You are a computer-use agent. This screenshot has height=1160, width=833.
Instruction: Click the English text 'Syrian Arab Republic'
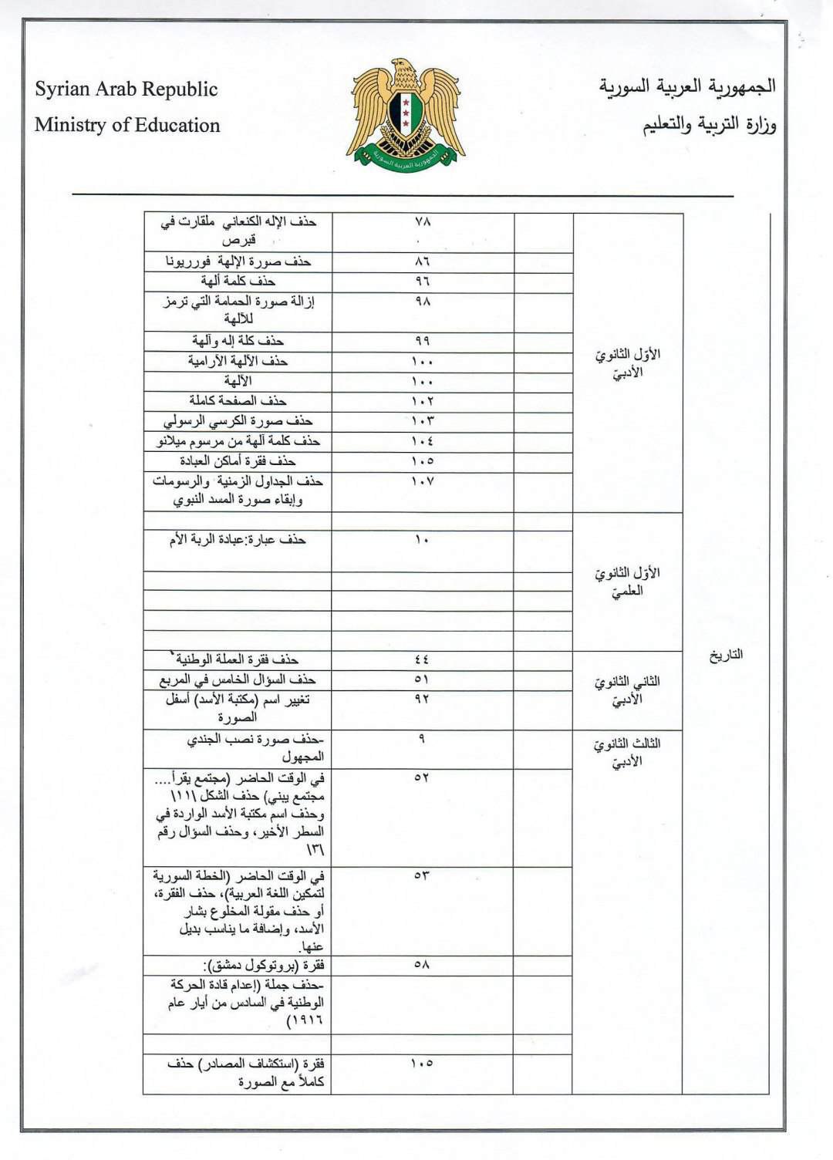tap(126, 89)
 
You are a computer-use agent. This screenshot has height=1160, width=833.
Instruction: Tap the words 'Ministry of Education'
tap(127, 125)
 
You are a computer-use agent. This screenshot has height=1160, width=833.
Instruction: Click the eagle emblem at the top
tap(406, 112)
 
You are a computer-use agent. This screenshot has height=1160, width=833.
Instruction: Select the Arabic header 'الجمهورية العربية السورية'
tap(687, 86)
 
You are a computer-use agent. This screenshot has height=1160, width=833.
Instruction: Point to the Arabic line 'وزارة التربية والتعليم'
tap(710, 125)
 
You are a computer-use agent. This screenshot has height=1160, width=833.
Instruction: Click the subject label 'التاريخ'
tap(726, 655)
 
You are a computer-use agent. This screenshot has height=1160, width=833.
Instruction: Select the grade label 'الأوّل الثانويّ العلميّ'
tap(627, 582)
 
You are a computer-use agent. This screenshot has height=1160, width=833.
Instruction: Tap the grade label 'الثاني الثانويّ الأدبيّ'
tap(627, 691)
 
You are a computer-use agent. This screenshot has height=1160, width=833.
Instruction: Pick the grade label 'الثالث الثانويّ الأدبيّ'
tap(627, 753)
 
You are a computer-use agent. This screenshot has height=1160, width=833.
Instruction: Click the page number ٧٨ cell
tap(423, 221)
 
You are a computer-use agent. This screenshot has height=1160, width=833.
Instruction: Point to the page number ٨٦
tap(423, 261)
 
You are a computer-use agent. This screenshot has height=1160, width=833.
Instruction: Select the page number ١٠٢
tap(423, 401)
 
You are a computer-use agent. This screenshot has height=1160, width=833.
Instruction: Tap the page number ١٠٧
tap(423, 481)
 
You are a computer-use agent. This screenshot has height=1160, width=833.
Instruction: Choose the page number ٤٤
tap(422, 659)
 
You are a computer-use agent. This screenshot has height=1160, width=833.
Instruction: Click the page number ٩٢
tap(422, 700)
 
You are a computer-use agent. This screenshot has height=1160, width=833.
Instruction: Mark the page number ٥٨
tap(422, 965)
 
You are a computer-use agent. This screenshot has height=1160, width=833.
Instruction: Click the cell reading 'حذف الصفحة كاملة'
tap(238, 401)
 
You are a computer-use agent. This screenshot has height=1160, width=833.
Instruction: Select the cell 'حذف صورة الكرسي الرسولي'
tap(238, 421)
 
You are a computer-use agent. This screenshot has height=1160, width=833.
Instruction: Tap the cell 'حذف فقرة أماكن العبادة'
tap(238, 461)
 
